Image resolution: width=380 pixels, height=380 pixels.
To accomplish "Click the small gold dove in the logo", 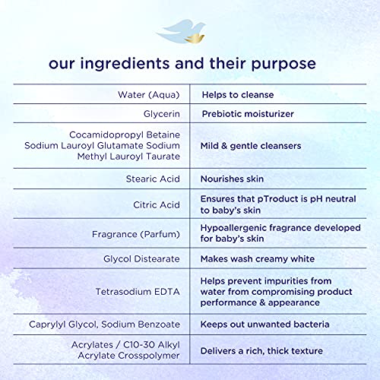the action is [x=195, y=38].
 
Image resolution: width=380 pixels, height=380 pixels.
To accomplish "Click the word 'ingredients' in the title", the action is [x=125, y=64].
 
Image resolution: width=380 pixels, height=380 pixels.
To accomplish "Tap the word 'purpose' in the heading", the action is [x=283, y=65].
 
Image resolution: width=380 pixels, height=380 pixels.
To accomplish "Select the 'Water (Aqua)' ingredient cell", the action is [x=149, y=95].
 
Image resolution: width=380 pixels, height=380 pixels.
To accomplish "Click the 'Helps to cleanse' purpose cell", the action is [x=238, y=95].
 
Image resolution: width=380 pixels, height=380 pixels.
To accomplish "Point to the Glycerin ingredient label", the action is [x=162, y=114].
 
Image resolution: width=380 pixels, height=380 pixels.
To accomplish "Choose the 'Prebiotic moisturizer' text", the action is [x=248, y=114].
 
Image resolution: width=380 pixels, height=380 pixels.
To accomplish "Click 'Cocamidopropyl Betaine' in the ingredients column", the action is [x=125, y=135].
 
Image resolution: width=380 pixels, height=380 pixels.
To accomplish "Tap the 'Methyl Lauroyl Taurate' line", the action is [x=128, y=157].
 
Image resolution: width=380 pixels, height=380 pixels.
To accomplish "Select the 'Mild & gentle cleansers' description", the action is [x=251, y=146].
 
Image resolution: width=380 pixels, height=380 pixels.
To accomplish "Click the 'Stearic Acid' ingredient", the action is [x=153, y=179].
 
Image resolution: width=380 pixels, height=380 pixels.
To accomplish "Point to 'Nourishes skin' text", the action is [x=232, y=179].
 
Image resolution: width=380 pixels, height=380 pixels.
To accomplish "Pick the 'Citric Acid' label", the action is [x=157, y=204].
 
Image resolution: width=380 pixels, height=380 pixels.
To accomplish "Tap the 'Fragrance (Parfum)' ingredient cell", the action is [x=136, y=234].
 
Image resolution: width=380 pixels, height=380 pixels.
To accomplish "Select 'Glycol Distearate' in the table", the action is [x=141, y=259].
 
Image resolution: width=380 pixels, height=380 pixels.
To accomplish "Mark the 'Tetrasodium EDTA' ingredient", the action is [x=138, y=292].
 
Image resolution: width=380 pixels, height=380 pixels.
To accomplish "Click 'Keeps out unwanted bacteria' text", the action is [x=264, y=325].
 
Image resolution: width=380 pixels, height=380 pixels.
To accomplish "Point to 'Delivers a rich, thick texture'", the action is [x=261, y=351].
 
